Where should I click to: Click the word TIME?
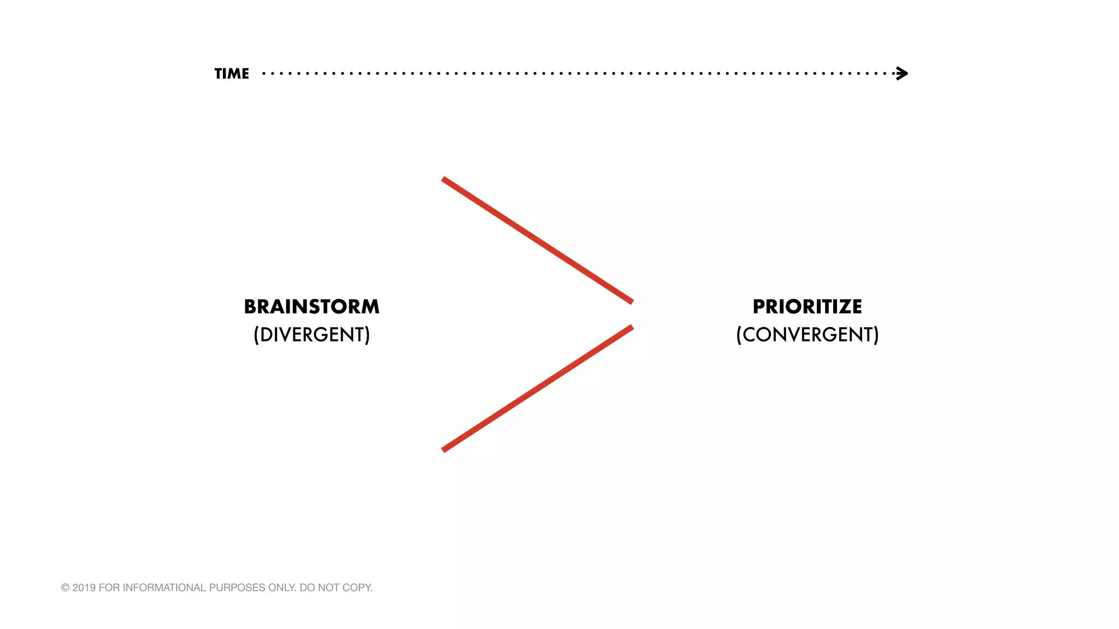tap(232, 74)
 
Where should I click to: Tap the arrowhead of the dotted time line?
tap(902, 73)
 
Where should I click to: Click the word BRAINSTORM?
tap(311, 307)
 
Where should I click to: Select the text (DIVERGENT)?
tap(311, 335)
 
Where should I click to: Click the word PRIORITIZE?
tap(807, 307)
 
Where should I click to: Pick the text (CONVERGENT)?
tap(807, 335)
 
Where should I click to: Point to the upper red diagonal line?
tap(537, 240)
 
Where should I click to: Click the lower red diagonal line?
tap(537, 389)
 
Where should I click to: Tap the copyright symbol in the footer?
tap(65, 588)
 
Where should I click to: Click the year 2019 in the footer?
tap(84, 588)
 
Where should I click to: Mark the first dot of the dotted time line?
tap(264, 73)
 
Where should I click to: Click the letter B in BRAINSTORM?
tap(250, 307)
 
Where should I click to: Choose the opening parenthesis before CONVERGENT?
tap(739, 335)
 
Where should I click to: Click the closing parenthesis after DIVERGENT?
tap(368, 335)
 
